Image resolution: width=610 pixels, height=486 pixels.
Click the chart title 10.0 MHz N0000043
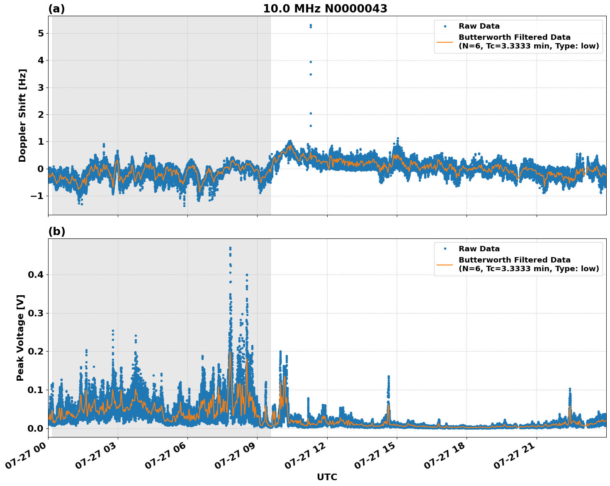pos(325,9)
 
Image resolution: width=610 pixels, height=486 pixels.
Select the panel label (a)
pos(56,9)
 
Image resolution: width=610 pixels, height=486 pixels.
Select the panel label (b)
pos(56,231)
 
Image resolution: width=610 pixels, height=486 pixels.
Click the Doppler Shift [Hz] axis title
pos(22,115)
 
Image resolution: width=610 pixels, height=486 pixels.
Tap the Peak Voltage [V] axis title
pos(20,338)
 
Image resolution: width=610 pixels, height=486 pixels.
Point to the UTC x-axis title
pos(327,477)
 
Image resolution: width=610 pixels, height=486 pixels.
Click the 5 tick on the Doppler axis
pos(41,33)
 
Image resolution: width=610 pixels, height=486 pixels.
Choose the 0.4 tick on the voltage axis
pos(36,275)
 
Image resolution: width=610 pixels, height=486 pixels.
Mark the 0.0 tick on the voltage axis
pos(36,428)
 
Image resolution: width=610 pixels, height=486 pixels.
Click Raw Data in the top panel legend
pos(479,26)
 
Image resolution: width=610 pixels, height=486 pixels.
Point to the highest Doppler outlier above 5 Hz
pos(311,25)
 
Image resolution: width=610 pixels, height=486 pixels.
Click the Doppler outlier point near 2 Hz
pos(311,113)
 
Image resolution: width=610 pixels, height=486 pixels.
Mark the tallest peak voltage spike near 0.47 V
pos(230,248)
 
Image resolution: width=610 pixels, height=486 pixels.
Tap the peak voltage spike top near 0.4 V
pos(247,275)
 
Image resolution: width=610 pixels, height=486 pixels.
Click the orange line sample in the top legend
pos(445,42)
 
